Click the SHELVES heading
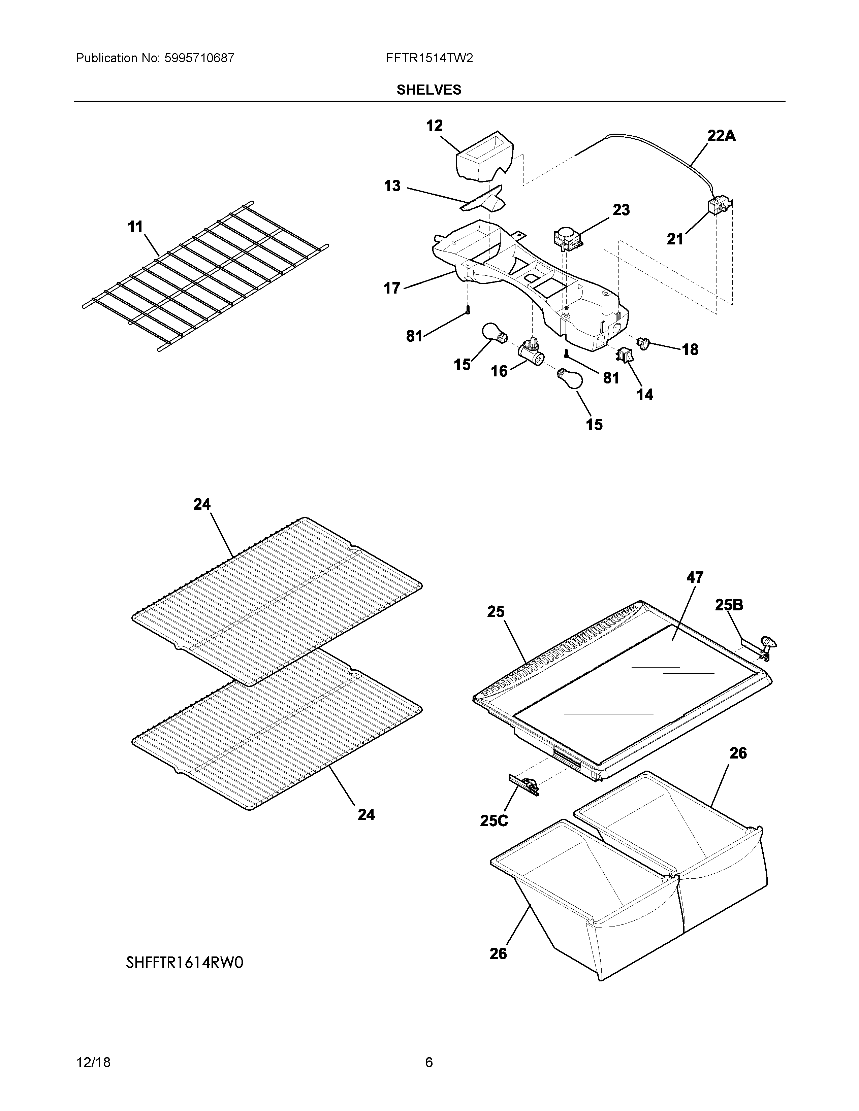click(x=429, y=90)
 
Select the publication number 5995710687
click(x=199, y=59)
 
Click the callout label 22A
click(x=721, y=136)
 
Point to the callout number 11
click(x=135, y=227)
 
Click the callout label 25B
click(x=729, y=605)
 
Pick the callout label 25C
click(x=494, y=821)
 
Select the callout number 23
click(x=621, y=210)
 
